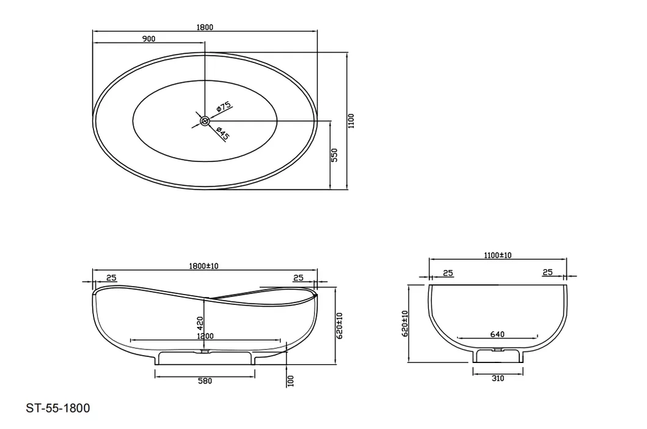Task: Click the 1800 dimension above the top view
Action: [205, 27]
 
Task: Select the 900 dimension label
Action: [148, 38]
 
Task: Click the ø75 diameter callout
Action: [224, 107]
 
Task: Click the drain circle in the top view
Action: [205, 120]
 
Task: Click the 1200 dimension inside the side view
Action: [205, 335]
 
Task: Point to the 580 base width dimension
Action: [205, 381]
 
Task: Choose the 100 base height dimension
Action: [290, 381]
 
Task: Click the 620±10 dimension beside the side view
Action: [340, 325]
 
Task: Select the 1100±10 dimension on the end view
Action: [497, 255]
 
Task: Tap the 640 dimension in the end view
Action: [497, 334]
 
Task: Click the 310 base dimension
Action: [497, 378]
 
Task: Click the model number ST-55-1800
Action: [58, 408]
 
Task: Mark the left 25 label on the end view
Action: [447, 273]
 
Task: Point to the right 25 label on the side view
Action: [299, 278]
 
